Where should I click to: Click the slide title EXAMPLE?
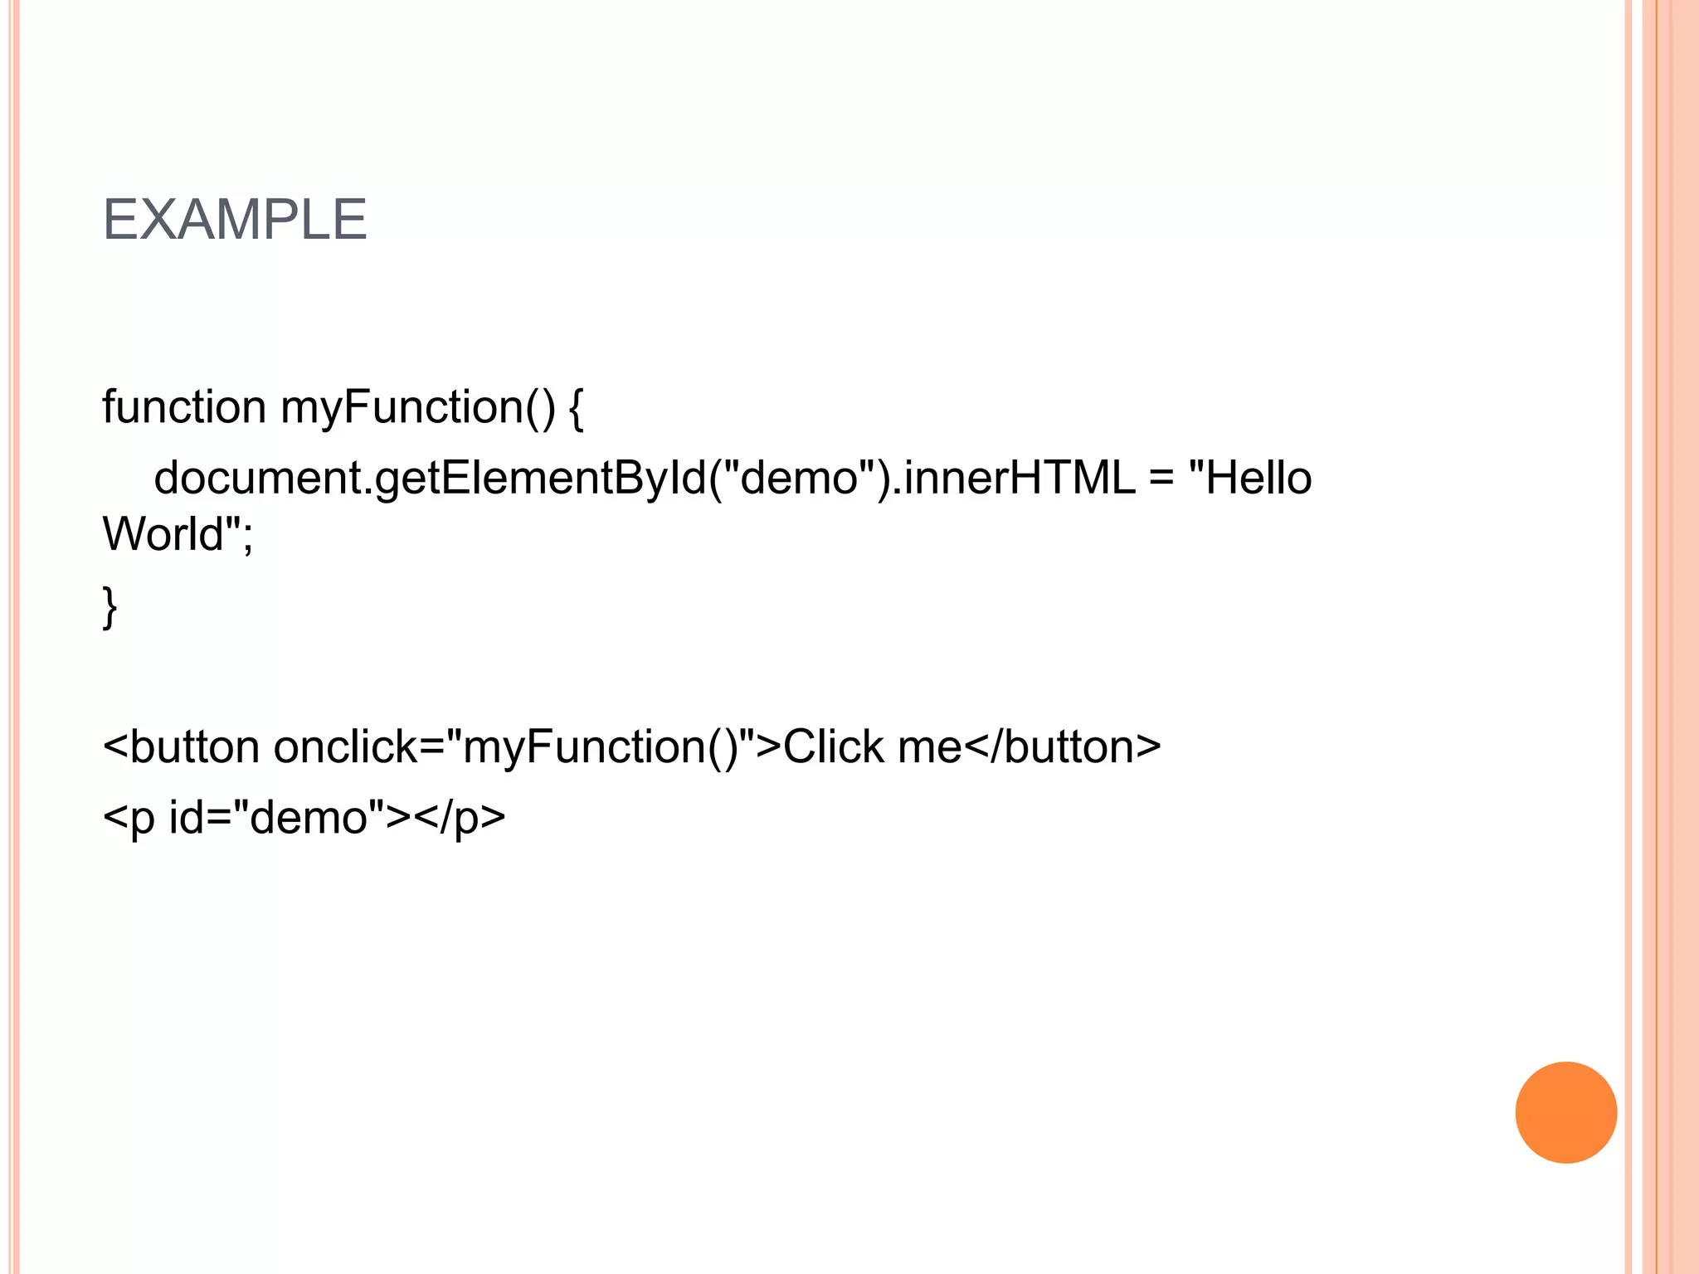point(234,220)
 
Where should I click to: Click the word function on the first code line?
point(183,407)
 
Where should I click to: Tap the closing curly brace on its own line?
point(110,607)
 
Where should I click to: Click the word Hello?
point(1258,479)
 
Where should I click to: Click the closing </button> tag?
point(1064,746)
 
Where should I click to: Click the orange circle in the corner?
point(1565,1112)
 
